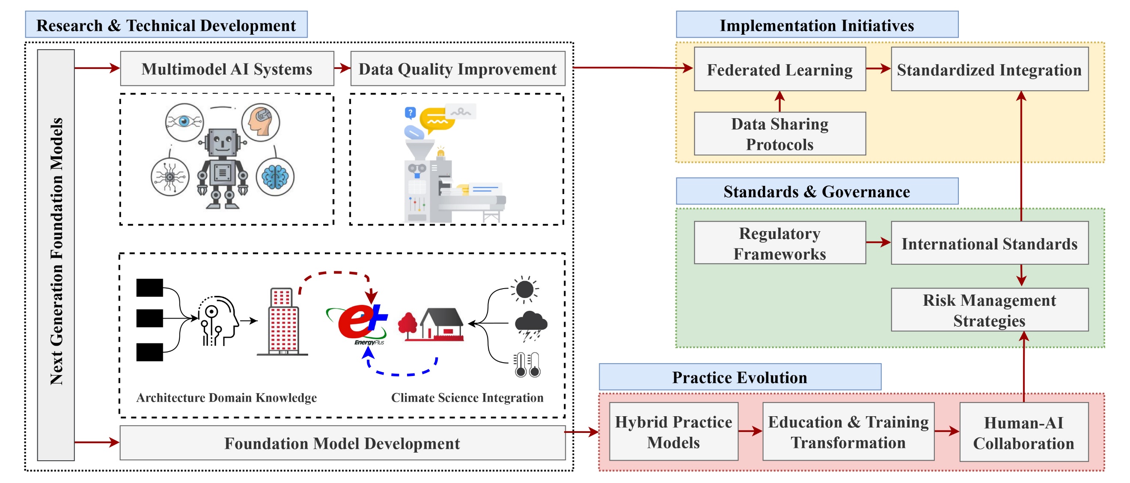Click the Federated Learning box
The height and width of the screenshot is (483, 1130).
(779, 69)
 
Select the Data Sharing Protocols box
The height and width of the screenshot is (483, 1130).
(779, 134)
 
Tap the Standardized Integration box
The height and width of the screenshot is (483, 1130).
(989, 69)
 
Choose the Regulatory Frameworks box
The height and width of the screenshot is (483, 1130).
(779, 243)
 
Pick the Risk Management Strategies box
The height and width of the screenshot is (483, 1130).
(989, 310)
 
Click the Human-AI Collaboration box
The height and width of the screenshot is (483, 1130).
(1023, 432)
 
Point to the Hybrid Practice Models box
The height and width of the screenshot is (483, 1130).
(673, 432)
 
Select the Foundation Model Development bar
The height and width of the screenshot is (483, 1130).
(342, 443)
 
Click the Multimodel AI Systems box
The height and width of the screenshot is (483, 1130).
(227, 69)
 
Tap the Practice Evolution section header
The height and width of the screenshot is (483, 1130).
(740, 377)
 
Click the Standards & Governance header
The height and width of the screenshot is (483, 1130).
(817, 191)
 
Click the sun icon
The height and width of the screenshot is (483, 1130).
(525, 289)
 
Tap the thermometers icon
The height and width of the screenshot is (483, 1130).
(528, 364)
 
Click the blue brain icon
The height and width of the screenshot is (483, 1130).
(275, 177)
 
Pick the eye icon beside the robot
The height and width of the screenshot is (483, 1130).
(184, 122)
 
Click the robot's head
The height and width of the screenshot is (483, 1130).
(223, 142)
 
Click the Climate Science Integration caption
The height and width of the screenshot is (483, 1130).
(467, 397)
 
